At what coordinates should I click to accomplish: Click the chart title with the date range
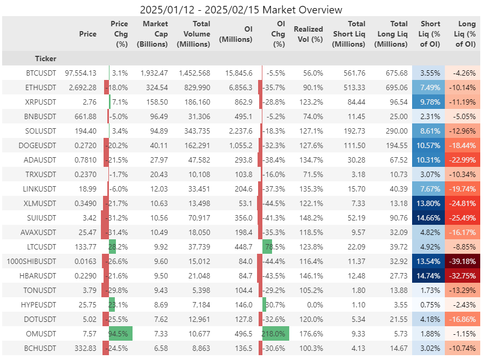pyautogui.click(x=241, y=10)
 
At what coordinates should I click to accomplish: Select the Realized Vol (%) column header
pyautogui.click(x=308, y=34)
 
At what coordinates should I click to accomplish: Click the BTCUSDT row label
pyautogui.click(x=41, y=73)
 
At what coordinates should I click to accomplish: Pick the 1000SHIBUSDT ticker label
pyautogui.click(x=32, y=261)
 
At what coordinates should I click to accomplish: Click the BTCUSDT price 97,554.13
pyautogui.click(x=80, y=73)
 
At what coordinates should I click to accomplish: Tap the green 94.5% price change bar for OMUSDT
pyautogui.click(x=120, y=334)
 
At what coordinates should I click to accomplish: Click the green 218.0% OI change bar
pyautogui.click(x=276, y=334)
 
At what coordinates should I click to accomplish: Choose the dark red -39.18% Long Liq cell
pyautogui.click(x=463, y=261)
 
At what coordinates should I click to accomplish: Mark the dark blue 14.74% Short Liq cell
pyautogui.click(x=428, y=276)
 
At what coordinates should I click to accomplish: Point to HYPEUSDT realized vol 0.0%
pyautogui.click(x=313, y=305)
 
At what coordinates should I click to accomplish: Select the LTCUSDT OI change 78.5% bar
pyautogui.click(x=267, y=247)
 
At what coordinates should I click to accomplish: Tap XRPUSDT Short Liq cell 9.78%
pyautogui.click(x=428, y=102)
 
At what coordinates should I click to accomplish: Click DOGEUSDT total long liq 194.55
pyautogui.click(x=397, y=146)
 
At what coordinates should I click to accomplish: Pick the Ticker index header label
pyautogui.click(x=46, y=58)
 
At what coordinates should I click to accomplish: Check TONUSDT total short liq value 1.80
pyautogui.click(x=358, y=291)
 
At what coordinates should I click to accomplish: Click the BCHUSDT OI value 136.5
pyautogui.click(x=244, y=349)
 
